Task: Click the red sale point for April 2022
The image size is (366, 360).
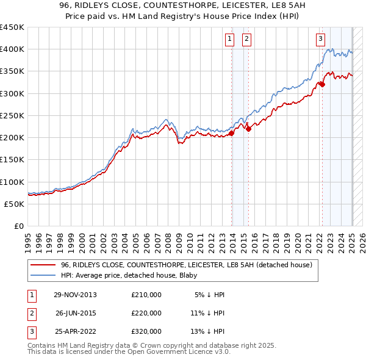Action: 322,84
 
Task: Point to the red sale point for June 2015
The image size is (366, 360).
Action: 249,129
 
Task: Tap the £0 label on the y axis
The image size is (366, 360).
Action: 18,226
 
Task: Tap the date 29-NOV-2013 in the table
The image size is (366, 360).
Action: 75,295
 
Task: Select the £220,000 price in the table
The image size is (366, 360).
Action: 146,313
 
